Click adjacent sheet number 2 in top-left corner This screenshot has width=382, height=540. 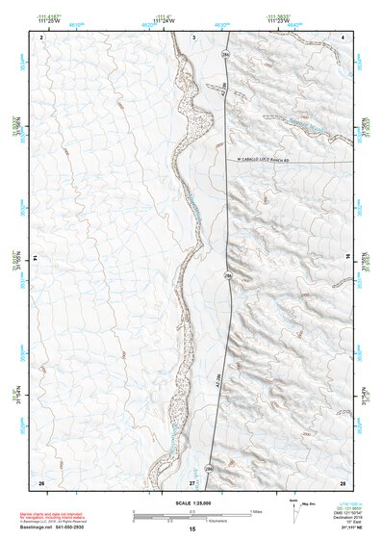click(x=42, y=36)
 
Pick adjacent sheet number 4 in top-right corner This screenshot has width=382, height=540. click(x=342, y=36)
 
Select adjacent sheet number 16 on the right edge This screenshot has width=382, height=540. click(x=349, y=258)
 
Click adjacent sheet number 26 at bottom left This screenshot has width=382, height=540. click(x=40, y=481)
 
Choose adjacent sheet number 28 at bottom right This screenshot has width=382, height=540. click(x=342, y=481)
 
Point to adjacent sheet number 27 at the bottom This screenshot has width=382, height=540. click(x=191, y=481)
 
